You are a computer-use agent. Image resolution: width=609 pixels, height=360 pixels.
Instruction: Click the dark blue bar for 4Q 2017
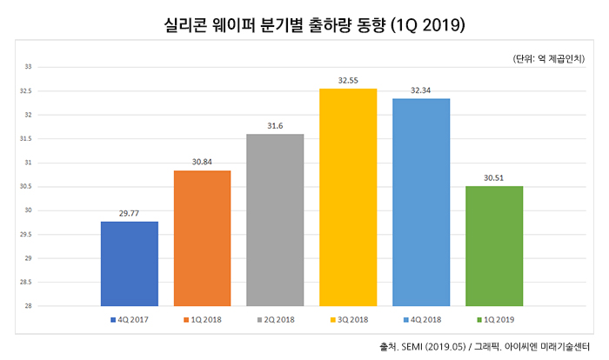(129, 263)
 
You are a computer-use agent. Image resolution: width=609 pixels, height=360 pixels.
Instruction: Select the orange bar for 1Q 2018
(202, 238)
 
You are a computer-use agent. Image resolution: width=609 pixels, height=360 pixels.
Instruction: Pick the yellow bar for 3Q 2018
(348, 197)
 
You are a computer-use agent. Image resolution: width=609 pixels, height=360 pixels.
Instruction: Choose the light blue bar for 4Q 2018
(421, 203)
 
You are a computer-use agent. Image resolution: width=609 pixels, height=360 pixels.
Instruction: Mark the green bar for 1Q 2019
(494, 246)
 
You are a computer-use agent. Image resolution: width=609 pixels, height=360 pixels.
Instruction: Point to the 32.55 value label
(348, 81)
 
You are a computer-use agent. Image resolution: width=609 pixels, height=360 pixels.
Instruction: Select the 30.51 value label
(494, 178)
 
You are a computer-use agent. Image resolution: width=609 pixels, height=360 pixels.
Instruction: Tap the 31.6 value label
(275, 126)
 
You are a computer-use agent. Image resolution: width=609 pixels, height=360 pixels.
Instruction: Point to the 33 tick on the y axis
(28, 66)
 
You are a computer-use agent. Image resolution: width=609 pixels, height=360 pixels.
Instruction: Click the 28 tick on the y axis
(28, 306)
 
